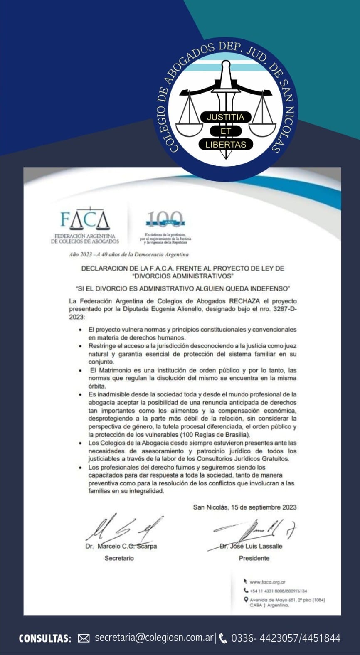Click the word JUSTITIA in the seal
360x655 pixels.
tap(225, 117)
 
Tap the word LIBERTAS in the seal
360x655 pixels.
tap(226, 145)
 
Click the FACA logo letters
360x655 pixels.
tap(85, 221)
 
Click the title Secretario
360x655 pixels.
tap(119, 558)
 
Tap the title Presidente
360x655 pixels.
tap(254, 558)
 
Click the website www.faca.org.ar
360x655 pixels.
tap(267, 582)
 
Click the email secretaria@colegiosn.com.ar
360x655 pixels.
tap(154, 638)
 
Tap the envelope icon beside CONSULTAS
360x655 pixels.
tap(84, 638)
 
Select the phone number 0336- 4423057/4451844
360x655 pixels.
tap(286, 638)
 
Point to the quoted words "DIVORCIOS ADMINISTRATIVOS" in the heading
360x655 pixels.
tap(182, 276)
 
